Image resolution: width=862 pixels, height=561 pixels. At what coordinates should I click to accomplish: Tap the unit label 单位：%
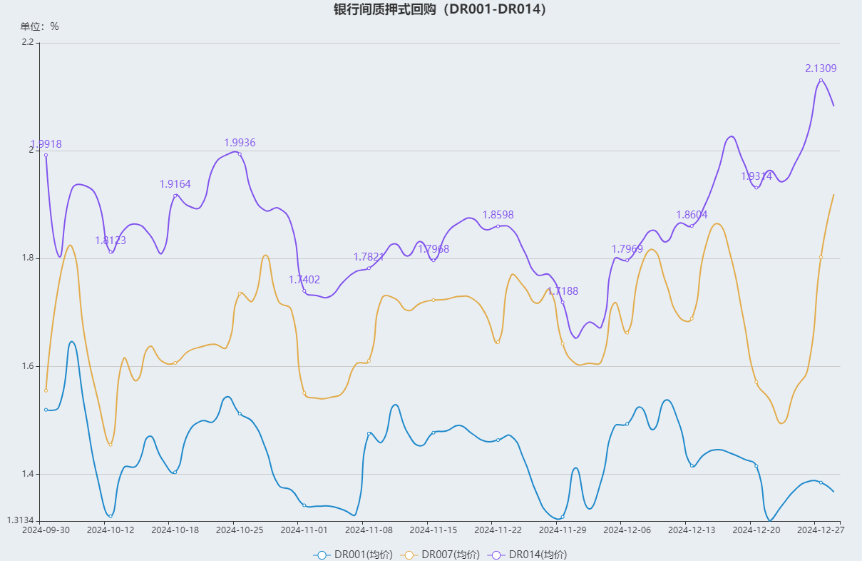40,26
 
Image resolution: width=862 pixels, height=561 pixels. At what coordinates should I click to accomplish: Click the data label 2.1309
821,69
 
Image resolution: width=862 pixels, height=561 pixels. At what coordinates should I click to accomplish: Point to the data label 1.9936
240,143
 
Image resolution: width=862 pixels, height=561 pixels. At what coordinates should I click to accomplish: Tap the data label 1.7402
304,280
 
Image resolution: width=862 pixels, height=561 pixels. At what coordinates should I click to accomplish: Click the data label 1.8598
498,215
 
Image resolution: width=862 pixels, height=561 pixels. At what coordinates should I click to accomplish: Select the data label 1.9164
175,184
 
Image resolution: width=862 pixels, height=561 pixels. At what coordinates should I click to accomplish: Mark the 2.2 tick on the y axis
28,42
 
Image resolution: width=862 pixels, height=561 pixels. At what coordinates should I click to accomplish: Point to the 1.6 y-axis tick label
28,366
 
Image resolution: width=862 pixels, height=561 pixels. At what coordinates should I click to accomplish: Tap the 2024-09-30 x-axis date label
46,530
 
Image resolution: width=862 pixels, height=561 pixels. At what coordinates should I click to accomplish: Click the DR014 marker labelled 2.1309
821,80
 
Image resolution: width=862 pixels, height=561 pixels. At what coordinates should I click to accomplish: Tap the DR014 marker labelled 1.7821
369,268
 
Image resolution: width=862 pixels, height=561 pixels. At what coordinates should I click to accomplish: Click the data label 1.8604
692,215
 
